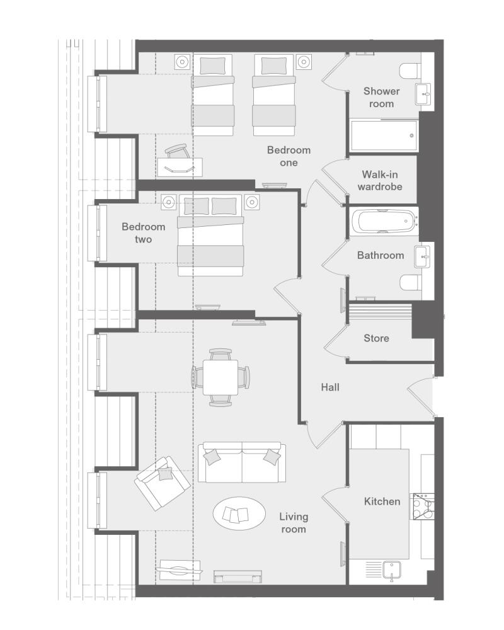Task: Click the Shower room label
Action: pos(381,97)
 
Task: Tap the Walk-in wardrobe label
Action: pos(380,180)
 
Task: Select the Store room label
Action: pos(376,338)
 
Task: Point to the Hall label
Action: pos(330,387)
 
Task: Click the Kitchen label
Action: pos(382,501)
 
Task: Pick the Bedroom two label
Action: pos(144,233)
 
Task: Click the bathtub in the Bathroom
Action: pos(385,221)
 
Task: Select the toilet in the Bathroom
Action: pos(410,282)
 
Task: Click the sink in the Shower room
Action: pos(423,94)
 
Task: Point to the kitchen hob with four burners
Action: pos(422,507)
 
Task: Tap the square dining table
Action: pos(220,377)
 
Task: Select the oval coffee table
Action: pos(239,513)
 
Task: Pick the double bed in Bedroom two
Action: pos(210,236)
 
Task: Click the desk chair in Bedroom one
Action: pos(177,152)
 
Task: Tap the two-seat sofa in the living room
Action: pos(242,462)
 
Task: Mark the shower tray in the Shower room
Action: pos(384,135)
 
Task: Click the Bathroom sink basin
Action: pos(423,256)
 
